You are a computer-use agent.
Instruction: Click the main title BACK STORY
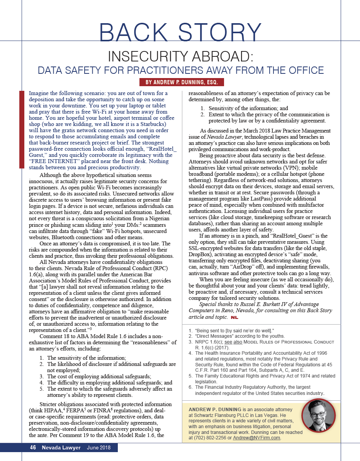tap(180, 32)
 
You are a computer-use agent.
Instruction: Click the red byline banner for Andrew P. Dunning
tap(182, 82)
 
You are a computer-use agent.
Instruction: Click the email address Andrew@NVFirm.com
tap(257, 438)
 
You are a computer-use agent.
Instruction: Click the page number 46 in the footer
tap(33, 448)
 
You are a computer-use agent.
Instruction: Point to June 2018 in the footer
tap(98, 448)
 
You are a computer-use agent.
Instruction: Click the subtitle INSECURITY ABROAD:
tap(180, 56)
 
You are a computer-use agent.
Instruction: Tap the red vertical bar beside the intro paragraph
tap(22, 129)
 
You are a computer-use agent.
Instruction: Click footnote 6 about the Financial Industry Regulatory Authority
tap(259, 390)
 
